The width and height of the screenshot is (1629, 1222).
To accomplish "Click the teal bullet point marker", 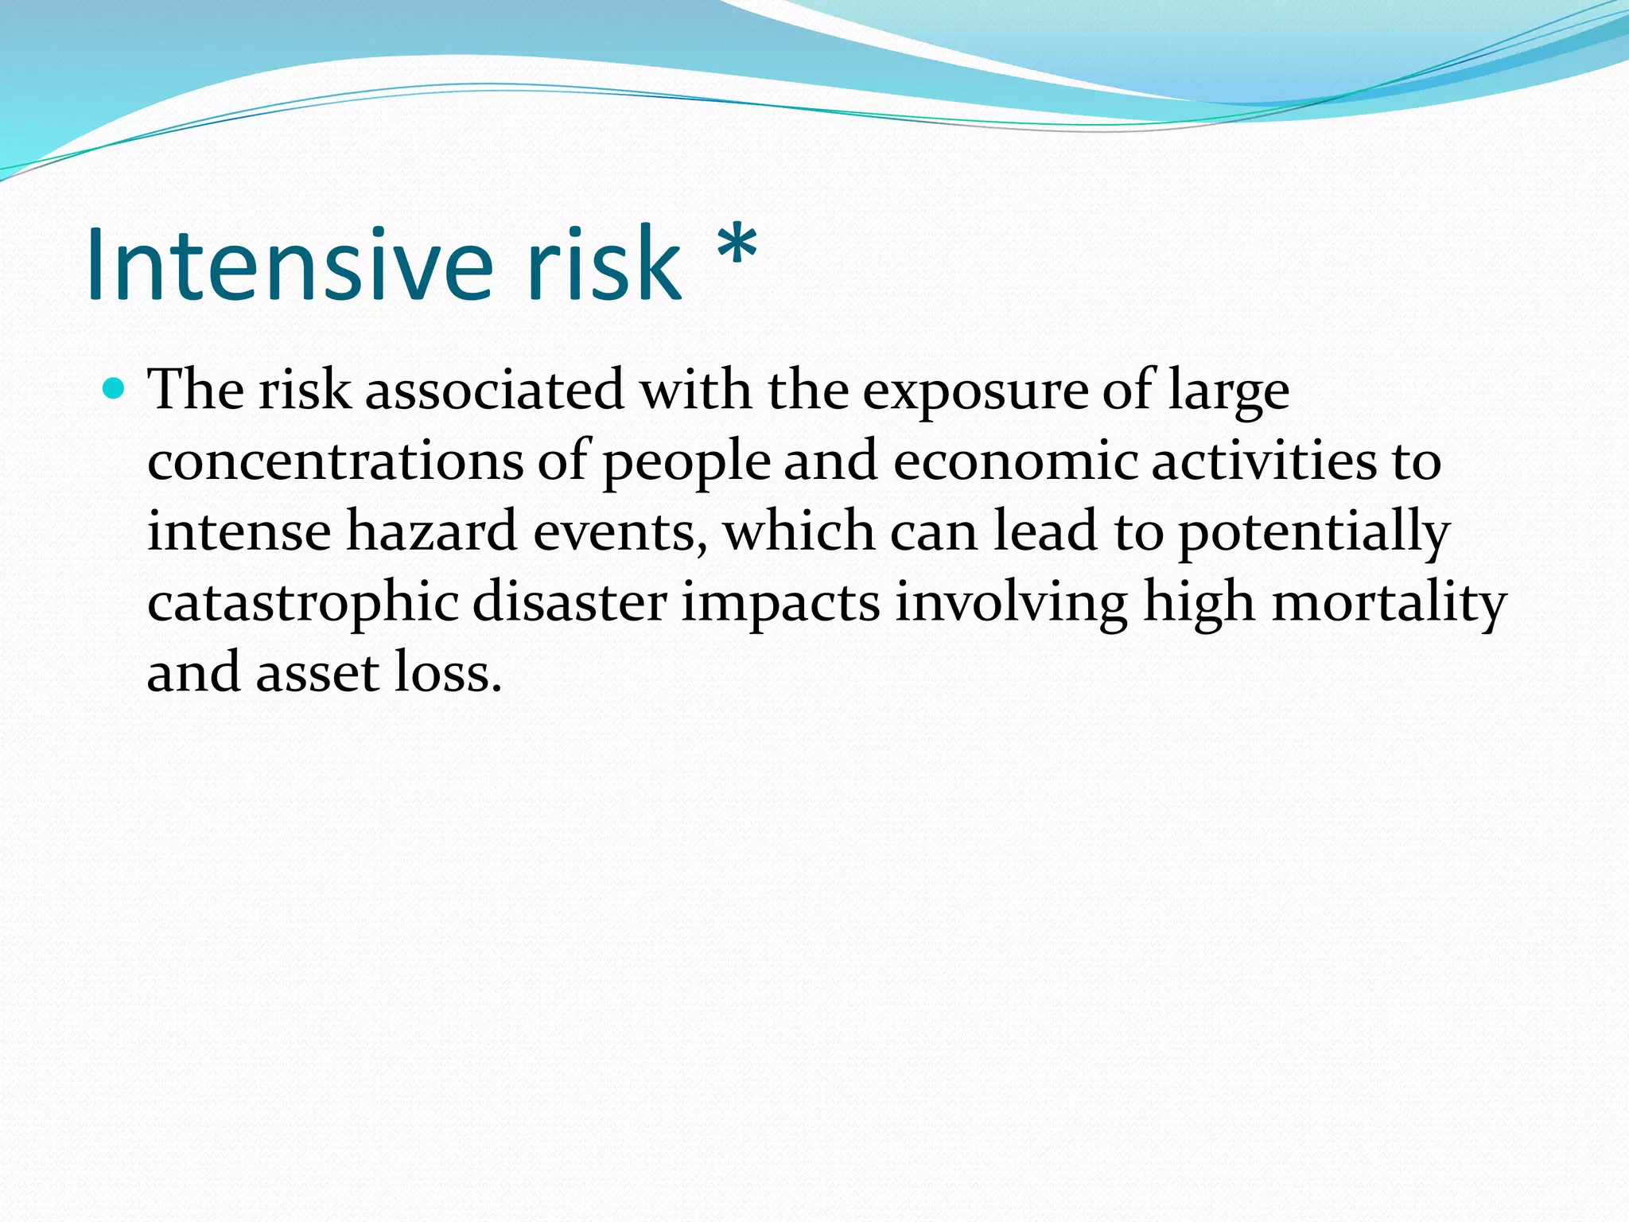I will [115, 389].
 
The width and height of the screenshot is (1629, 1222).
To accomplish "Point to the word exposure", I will [974, 391].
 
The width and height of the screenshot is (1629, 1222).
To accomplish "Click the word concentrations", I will [335, 461].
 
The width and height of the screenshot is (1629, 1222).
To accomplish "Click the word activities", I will [1263, 461].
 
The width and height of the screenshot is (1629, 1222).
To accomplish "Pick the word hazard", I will [432, 531].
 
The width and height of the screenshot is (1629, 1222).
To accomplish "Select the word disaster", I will [569, 602].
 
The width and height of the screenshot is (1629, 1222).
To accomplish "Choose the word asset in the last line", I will [317, 673].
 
